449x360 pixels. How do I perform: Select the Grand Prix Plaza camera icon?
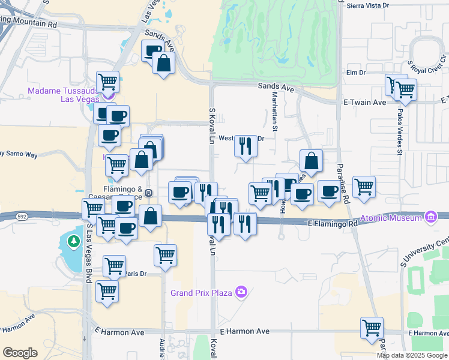point(241,292)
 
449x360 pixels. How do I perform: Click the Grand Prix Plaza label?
point(202,293)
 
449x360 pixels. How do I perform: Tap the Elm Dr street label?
point(356,73)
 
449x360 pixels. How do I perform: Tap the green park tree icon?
point(73,241)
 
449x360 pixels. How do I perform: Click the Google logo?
point(20,353)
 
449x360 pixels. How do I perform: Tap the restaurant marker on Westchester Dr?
point(245,146)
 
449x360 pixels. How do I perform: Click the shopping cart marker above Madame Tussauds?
point(108,81)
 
